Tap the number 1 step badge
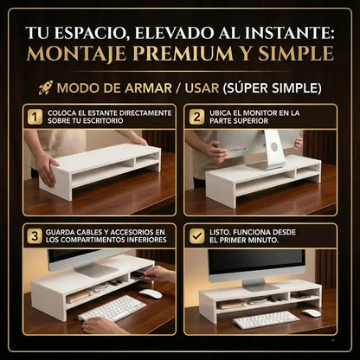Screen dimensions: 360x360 35,117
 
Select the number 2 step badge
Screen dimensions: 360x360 196,117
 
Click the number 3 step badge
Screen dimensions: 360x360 35,236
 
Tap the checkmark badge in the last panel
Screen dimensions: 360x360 196,236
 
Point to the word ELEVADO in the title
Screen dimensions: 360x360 174,32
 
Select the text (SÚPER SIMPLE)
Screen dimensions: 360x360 272,88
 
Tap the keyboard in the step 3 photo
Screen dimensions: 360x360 112,308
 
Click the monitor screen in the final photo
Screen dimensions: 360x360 259,263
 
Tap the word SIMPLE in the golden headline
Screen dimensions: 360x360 290,54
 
